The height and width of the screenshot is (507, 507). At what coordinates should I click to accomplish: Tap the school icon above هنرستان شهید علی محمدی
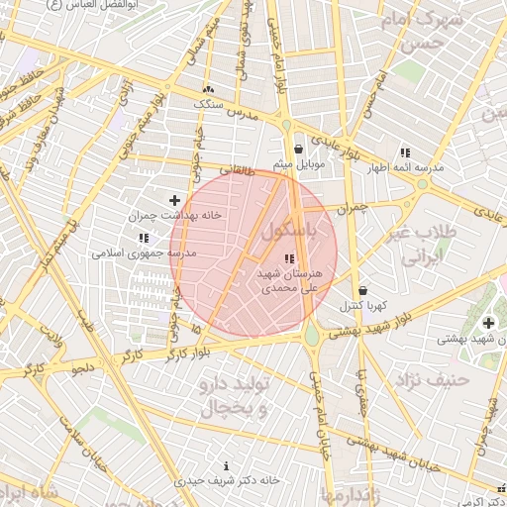[x=288, y=259]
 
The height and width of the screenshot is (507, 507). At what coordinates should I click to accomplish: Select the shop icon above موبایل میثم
[x=298, y=150]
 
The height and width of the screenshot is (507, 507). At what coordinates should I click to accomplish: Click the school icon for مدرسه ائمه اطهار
[x=405, y=152]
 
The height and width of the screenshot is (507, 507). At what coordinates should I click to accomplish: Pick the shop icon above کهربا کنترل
[x=362, y=291]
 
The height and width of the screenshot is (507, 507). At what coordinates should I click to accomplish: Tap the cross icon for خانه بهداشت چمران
[x=176, y=200]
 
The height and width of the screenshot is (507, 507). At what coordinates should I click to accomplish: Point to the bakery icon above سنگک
[x=208, y=89]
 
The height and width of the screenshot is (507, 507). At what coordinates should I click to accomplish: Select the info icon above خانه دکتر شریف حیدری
[x=228, y=465]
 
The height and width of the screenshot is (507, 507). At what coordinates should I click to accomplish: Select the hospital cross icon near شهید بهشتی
[x=488, y=323]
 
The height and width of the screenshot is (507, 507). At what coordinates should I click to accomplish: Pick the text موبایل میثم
[x=296, y=164]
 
